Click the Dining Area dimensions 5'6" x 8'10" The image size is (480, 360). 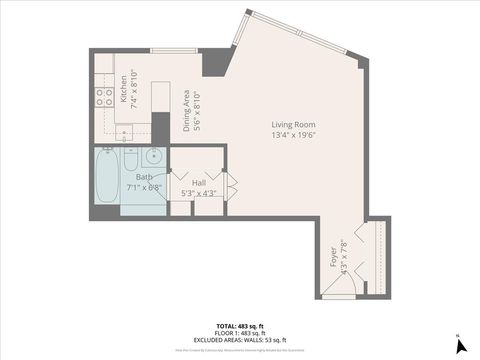[x=198, y=110]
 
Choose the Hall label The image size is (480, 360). [x=199, y=182]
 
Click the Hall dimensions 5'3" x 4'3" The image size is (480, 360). [x=199, y=193]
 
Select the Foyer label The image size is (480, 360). [x=333, y=258]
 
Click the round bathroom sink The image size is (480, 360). [x=153, y=157]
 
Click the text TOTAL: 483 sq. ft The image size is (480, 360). [x=239, y=326]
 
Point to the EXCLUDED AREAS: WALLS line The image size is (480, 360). [x=239, y=340]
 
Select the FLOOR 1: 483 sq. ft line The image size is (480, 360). [x=239, y=333]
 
